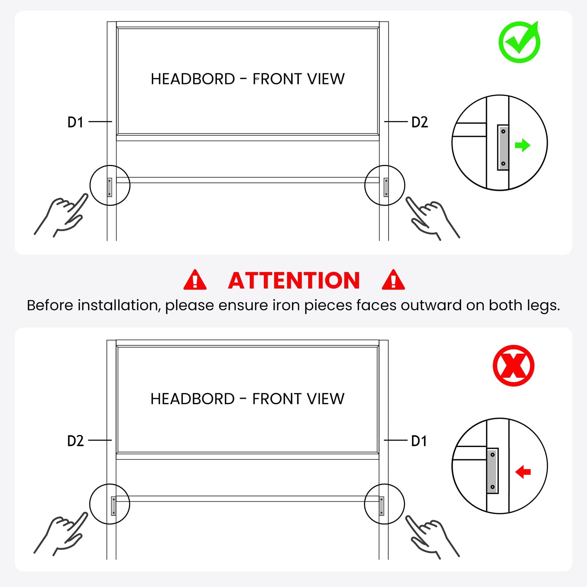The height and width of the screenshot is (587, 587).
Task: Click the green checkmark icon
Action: [x=519, y=43]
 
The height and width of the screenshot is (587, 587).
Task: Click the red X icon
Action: [x=513, y=366]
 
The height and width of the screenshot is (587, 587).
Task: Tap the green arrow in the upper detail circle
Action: [x=522, y=145]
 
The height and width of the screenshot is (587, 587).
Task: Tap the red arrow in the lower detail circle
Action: [x=523, y=472]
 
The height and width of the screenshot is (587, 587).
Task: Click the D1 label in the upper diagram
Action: [x=75, y=122]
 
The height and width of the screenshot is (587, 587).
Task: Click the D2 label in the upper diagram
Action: [x=420, y=122]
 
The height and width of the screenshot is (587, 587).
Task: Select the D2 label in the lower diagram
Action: [x=75, y=441]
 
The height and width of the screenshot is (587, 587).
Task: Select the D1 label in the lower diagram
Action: [x=419, y=441]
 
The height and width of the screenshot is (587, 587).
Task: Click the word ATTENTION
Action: [x=294, y=280]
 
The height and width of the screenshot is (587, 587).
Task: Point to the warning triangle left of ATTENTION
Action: [x=195, y=280]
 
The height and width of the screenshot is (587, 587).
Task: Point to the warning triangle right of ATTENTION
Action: [x=393, y=280]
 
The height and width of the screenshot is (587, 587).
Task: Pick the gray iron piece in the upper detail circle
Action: [x=503, y=148]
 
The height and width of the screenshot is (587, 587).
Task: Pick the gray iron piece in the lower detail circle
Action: [x=493, y=471]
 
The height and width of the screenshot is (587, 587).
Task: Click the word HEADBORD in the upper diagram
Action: [x=193, y=79]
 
